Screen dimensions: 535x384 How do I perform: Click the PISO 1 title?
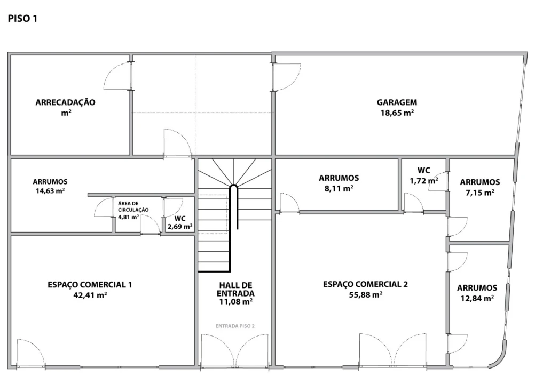[22, 18]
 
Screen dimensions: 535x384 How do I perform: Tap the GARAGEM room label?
[397, 102]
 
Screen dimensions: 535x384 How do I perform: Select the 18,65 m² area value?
[397, 113]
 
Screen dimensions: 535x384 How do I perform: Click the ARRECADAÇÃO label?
[66, 102]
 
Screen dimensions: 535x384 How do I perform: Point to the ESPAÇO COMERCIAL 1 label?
[90, 285]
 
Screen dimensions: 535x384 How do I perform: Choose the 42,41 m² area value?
[90, 295]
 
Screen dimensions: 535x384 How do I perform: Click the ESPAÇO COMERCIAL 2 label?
[365, 284]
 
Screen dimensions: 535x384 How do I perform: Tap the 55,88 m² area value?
[365, 294]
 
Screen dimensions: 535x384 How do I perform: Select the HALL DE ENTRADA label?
[236, 289]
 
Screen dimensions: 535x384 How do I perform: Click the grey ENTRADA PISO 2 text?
[235, 326]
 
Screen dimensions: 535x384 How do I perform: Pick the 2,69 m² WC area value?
[180, 226]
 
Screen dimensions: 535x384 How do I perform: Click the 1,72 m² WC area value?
[424, 181]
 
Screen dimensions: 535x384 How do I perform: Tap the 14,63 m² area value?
[50, 191]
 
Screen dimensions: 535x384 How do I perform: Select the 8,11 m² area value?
[339, 188]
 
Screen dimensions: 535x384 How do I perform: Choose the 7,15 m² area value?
[480, 193]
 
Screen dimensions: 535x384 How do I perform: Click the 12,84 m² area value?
[477, 298]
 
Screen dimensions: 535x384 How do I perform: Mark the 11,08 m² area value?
[236, 301]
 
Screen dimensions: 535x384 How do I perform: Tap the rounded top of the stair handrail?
[234, 186]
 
